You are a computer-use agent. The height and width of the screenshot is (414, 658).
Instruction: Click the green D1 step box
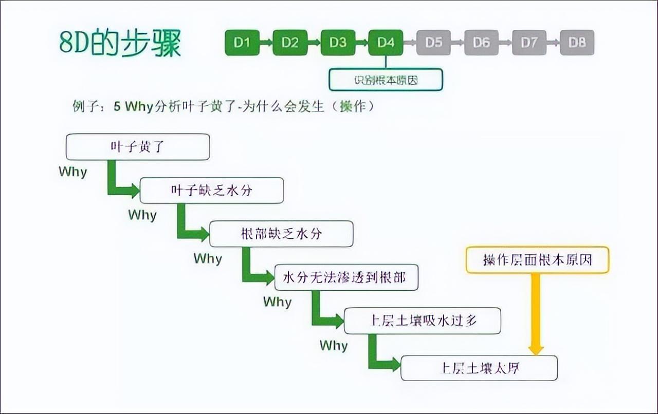[x=242, y=43]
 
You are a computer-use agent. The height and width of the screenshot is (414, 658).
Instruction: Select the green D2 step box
[x=289, y=43]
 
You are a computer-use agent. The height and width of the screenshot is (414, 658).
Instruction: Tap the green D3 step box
[x=338, y=43]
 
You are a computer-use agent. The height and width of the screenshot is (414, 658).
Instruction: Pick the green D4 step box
[x=386, y=43]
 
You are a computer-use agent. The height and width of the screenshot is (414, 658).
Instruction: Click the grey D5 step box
[x=433, y=43]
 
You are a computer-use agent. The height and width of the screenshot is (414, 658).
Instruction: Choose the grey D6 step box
[x=481, y=43]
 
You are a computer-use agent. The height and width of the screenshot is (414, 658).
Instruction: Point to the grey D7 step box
[x=529, y=43]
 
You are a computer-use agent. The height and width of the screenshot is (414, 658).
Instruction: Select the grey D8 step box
[x=577, y=43]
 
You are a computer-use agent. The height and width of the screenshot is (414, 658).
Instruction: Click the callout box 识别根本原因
[x=386, y=80]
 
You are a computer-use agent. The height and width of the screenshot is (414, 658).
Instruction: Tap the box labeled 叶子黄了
[x=138, y=147]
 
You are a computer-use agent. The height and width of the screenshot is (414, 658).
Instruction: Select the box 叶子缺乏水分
[x=211, y=191]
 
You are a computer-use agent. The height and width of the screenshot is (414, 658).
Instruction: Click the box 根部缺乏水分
[x=281, y=234]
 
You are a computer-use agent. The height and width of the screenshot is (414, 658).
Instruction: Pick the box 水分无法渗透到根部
[x=346, y=278]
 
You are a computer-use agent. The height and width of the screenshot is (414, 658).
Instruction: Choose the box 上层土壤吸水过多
[x=422, y=321]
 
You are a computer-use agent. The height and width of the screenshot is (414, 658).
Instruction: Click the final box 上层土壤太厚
[x=479, y=368]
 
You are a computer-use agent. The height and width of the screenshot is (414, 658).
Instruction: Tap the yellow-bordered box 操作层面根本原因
[x=537, y=260]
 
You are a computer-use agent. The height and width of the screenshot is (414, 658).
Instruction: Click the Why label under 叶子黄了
[x=72, y=172]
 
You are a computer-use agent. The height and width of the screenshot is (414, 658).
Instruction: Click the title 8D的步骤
[x=120, y=44]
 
